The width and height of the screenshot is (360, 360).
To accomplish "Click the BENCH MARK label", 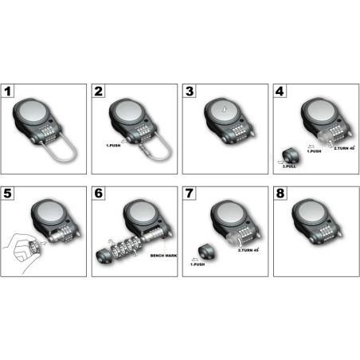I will [x=163, y=256].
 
